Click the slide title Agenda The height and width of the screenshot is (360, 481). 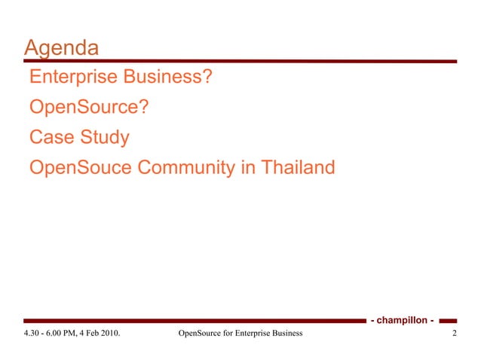(61, 49)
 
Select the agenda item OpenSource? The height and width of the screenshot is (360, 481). (88, 108)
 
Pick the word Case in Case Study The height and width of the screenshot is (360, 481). (50, 138)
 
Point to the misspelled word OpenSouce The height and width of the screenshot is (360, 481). (81, 168)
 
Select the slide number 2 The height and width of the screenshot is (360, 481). (455, 333)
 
